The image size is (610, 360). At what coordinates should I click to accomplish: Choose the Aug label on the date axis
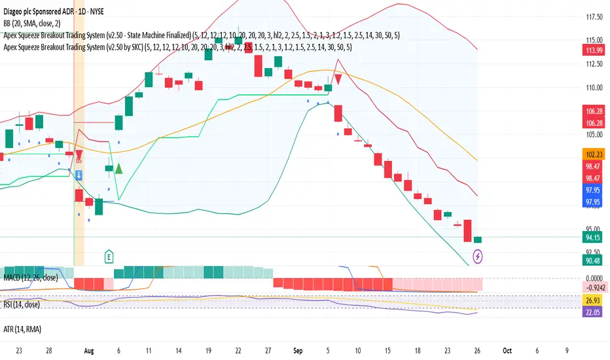coord(89,351)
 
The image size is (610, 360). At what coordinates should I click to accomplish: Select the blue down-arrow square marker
coord(79,175)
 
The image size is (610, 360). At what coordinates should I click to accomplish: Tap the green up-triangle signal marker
coord(119,168)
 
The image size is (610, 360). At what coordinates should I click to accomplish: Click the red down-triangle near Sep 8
coord(338,79)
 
